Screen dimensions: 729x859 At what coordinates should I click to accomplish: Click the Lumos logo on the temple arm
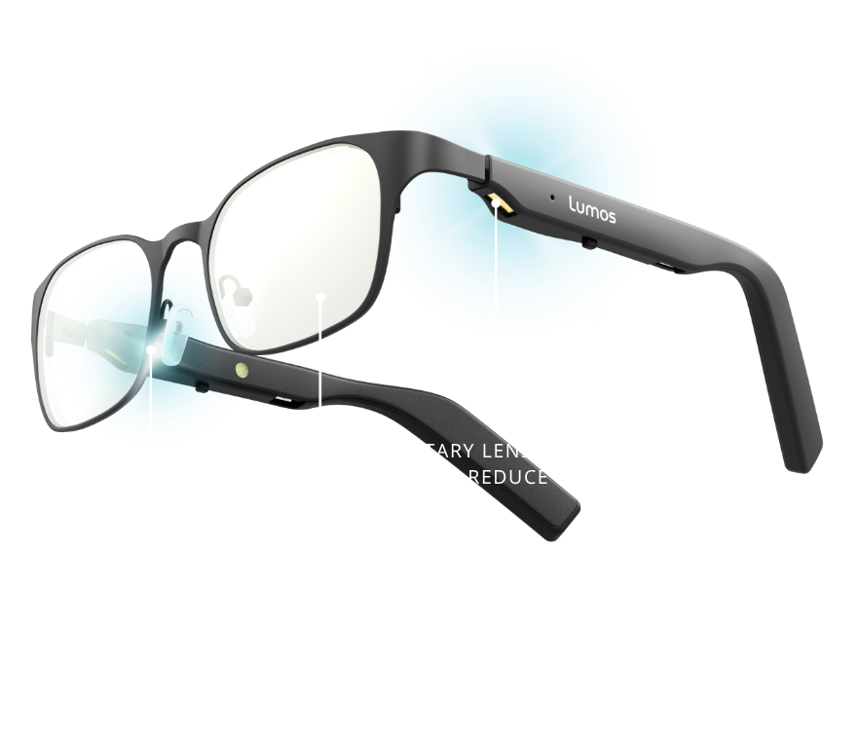pyautogui.click(x=592, y=212)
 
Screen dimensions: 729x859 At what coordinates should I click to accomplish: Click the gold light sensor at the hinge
pyautogui.click(x=497, y=200)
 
